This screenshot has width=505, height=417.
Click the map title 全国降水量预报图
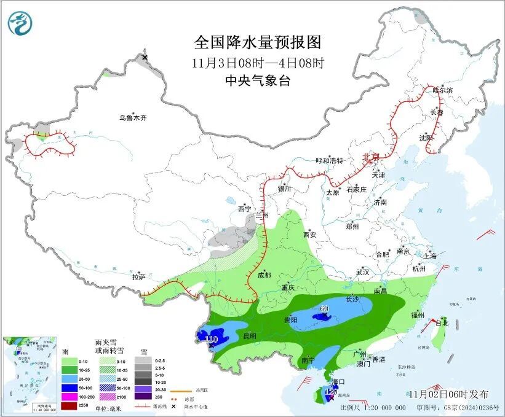258,42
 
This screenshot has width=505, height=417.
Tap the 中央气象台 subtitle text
258,80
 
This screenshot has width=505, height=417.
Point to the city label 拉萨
139,277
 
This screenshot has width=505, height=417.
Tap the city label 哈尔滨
442,90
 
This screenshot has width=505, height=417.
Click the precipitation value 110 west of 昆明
212,340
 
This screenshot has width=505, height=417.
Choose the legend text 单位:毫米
110,407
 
